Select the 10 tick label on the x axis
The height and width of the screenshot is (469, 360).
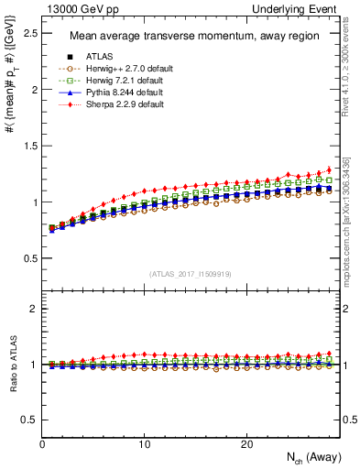pyautogui.click(x=144, y=444)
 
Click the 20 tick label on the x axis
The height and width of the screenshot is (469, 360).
pyautogui.click(x=245, y=444)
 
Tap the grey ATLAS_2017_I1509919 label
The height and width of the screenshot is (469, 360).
pyautogui.click(x=191, y=273)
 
